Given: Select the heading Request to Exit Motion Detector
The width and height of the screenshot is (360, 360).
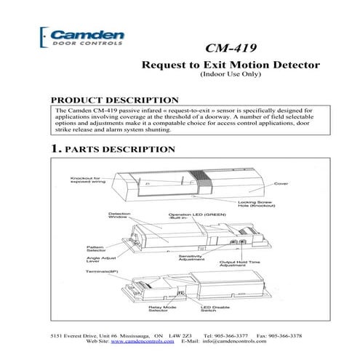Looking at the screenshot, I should [230, 65].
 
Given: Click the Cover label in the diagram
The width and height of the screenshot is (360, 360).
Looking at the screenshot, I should [281, 183].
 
